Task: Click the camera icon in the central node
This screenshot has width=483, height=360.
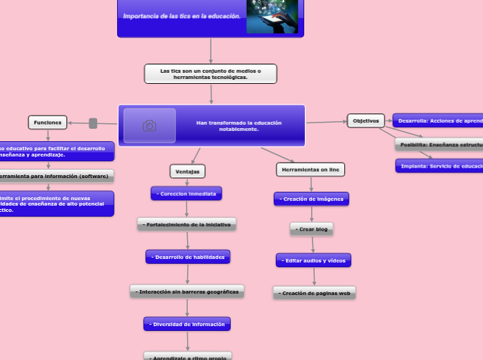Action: (x=149, y=125)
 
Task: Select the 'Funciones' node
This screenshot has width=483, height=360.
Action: (x=48, y=123)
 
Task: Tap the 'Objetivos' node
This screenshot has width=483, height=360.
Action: (x=366, y=120)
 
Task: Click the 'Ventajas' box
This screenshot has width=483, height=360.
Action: (x=188, y=171)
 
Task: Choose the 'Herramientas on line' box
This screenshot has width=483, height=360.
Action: (x=310, y=170)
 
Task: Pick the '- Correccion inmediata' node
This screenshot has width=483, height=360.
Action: (x=186, y=194)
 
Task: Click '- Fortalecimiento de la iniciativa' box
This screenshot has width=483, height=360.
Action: (x=187, y=224)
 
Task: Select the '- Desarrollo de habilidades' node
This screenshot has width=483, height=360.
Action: (x=188, y=257)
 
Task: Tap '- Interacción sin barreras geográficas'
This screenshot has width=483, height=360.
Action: (x=187, y=291)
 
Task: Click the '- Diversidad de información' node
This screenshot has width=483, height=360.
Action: (x=187, y=323)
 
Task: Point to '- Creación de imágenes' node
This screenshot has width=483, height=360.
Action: (x=311, y=199)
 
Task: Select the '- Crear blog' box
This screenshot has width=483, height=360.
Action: (x=311, y=228)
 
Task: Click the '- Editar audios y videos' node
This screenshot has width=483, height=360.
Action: (x=313, y=260)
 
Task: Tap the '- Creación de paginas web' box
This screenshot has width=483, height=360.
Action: (x=315, y=293)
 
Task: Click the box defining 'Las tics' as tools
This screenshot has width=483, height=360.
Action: (x=211, y=73)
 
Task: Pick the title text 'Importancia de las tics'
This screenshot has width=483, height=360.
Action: (x=182, y=16)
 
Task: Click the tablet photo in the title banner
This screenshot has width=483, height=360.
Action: (x=272, y=15)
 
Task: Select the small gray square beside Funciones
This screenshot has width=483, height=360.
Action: (x=93, y=123)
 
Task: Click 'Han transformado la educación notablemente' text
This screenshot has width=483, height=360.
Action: (x=238, y=126)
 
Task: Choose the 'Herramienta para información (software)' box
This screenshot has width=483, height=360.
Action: (x=54, y=176)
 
